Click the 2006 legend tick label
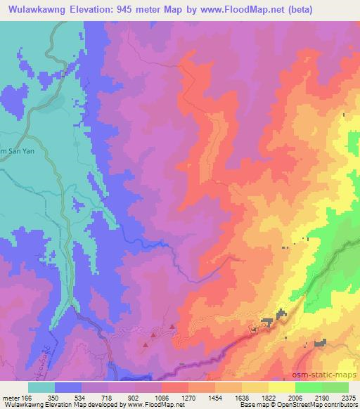(x=296, y=397)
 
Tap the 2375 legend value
(x=348, y=397)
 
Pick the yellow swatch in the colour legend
(x=282, y=387)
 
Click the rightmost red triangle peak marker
(x=173, y=326)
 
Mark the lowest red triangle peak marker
(x=146, y=344)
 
